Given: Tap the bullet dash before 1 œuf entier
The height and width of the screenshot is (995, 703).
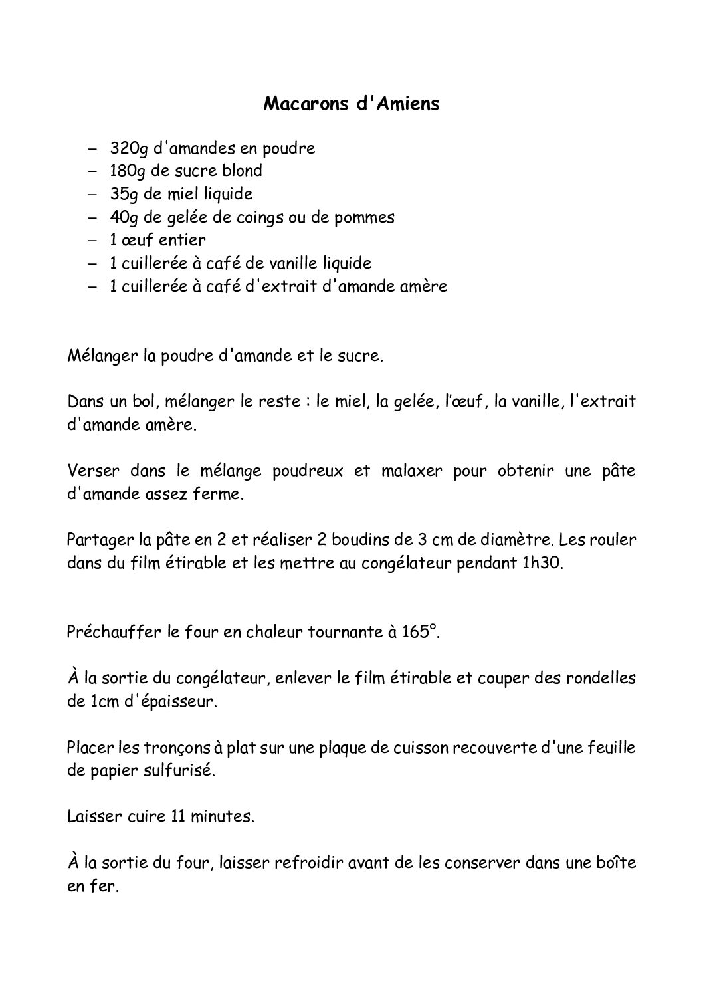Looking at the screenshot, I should click(92, 240).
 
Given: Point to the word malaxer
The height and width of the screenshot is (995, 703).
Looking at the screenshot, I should click(407, 471).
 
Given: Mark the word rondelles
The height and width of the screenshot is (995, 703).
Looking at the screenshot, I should click(600, 678).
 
